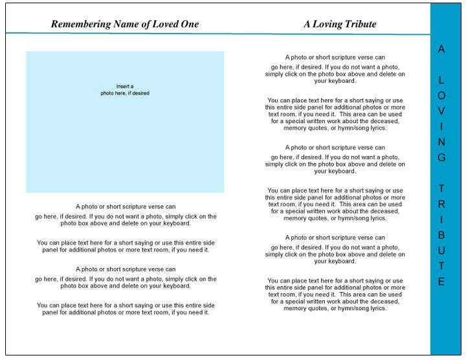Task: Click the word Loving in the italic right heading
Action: (329, 25)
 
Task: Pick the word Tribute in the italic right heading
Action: (361, 25)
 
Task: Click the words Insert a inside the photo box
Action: (125, 86)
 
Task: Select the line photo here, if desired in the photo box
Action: (125, 93)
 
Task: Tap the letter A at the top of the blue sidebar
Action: (441, 49)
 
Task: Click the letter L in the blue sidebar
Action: (441, 80)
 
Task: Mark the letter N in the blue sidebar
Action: (441, 142)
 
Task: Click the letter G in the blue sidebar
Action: (441, 157)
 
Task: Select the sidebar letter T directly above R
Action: (441, 188)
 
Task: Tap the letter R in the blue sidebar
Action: (441, 204)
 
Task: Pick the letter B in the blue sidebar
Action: (441, 235)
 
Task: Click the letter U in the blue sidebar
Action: (441, 251)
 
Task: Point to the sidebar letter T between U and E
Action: (441, 266)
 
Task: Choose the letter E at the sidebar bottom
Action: (441, 282)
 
